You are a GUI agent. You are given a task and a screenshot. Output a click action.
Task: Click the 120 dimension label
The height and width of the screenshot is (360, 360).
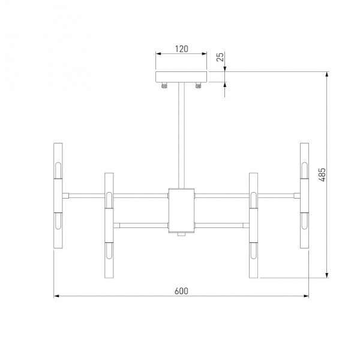181,49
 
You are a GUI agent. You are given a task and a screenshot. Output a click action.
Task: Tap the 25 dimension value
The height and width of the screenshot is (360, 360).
220,57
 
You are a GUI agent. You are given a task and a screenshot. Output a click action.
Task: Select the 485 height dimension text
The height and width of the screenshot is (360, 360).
322,175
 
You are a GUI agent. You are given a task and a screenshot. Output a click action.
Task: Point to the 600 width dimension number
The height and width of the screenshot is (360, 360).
181,291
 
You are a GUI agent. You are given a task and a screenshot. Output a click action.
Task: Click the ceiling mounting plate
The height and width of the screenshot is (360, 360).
181,77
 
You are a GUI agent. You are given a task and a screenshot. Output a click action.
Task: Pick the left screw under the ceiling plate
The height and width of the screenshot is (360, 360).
164,85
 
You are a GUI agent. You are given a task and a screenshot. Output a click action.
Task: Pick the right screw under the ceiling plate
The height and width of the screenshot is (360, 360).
199,85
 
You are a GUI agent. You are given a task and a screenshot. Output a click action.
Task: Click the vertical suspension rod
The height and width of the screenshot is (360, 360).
181,136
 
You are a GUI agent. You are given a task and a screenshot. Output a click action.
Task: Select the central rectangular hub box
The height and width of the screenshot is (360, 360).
181,211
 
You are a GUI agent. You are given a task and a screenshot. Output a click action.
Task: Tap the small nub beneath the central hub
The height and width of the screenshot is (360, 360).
181,234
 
